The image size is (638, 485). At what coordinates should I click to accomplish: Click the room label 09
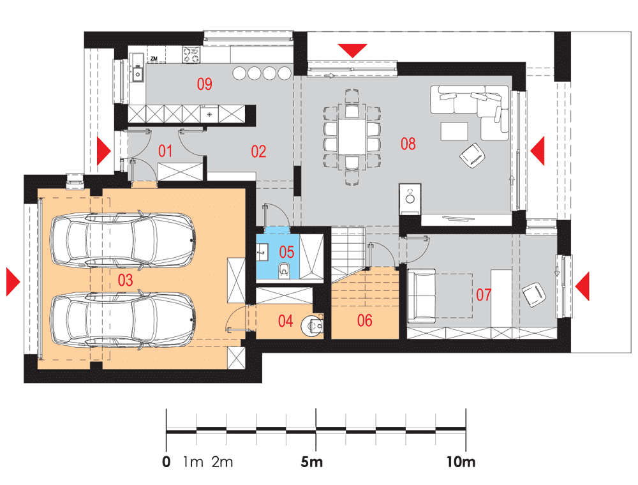[x=204, y=84]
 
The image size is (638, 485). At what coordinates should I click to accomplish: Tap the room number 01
[x=165, y=151]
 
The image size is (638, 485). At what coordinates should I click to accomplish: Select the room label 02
[x=258, y=151]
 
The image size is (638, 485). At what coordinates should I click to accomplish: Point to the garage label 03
[x=125, y=280]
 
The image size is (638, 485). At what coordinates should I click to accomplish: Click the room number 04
[x=285, y=321]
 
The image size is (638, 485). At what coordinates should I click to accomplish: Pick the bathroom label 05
[x=286, y=252]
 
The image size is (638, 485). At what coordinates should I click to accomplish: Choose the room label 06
[x=364, y=320]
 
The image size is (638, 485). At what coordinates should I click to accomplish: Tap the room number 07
[x=484, y=295]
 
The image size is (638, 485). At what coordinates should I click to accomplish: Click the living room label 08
[x=408, y=144]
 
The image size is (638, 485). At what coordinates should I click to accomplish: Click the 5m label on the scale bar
[x=312, y=462]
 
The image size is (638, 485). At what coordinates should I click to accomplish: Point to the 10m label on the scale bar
[x=461, y=462]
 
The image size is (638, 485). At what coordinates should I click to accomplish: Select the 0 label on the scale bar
[x=166, y=462]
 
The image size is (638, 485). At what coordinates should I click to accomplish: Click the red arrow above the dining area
[x=353, y=50]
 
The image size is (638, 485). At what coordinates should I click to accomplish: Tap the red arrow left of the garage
[x=13, y=281]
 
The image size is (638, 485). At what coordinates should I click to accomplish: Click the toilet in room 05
[x=284, y=271]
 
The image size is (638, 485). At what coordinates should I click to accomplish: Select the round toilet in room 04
[x=312, y=325]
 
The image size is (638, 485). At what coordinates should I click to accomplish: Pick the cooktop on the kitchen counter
[x=191, y=55]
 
